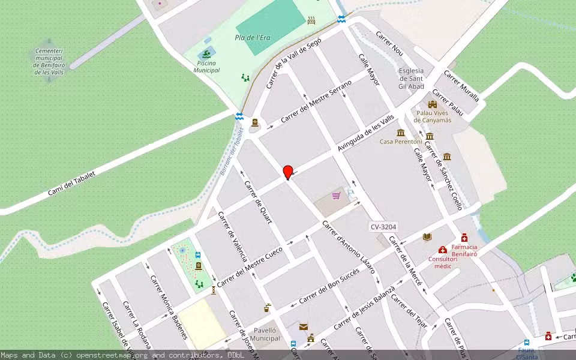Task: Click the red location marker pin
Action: tap(288, 172)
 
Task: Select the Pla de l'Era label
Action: tap(252, 38)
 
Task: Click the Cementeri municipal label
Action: tap(49, 62)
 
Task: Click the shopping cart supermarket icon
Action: tap(336, 196)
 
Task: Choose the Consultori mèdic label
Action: tap(443, 262)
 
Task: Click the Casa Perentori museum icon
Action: tap(400, 133)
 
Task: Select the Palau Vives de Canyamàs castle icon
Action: tap(432, 104)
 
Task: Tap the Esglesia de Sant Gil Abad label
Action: tap(411, 78)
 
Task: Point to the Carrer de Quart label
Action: tap(259, 202)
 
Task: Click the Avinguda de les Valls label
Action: tap(365, 133)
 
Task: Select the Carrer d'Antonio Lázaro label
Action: tap(348, 247)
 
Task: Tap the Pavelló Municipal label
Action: tap(265, 334)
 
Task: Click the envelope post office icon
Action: tap(304, 327)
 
